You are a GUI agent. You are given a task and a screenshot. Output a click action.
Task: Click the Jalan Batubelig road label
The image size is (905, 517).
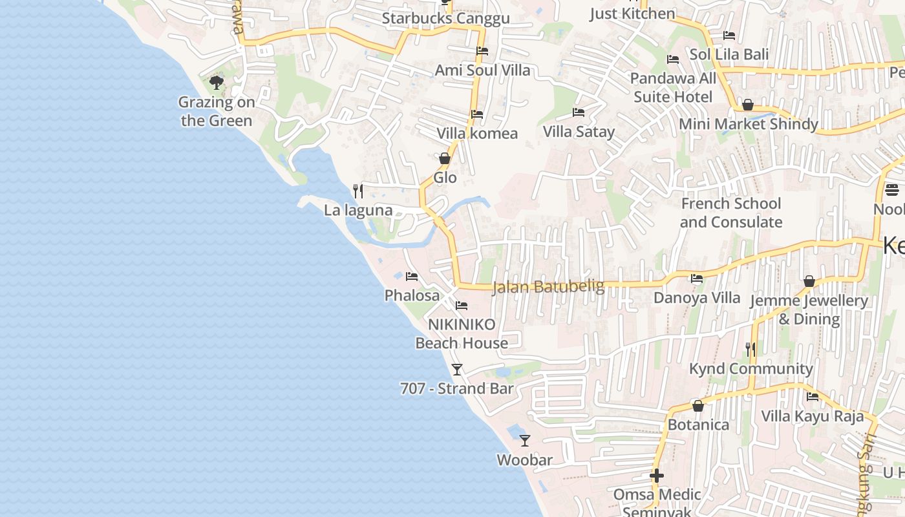coord(548,286)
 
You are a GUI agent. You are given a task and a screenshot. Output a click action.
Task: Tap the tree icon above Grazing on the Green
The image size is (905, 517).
coord(217,83)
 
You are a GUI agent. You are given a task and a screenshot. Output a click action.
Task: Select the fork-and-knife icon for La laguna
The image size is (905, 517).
coord(358,191)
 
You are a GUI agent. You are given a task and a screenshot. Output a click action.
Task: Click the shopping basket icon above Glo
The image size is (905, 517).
coord(445,158)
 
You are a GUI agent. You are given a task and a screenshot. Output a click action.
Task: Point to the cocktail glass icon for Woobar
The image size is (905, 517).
coord(525,441)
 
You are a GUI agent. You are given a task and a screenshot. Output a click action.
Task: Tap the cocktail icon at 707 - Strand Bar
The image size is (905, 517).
coord(457,370)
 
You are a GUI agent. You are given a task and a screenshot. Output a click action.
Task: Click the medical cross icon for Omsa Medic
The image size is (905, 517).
coord(657,476)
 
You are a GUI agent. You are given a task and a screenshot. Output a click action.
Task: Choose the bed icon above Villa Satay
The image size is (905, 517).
coord(579,112)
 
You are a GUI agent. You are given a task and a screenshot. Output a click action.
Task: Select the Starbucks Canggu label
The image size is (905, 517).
coord(445,18)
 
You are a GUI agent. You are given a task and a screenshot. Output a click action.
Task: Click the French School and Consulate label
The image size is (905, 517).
coord(730,213)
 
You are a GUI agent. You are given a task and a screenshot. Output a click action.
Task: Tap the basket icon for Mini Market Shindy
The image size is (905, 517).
coord(748,105)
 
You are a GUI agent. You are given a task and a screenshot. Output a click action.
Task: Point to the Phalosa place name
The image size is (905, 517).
coord(412,296)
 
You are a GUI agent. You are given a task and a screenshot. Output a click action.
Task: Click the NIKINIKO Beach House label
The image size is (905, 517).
coord(462,333)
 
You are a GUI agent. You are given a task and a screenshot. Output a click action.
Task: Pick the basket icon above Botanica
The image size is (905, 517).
coord(698,406)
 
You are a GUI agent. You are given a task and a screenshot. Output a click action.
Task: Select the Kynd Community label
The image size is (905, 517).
coord(751,369)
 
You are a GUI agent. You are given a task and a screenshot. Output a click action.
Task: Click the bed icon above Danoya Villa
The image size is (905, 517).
coord(697,279)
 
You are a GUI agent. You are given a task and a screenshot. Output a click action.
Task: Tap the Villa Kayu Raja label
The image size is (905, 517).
coord(813,416)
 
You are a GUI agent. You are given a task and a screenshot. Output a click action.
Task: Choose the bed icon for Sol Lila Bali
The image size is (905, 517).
coord(729,36)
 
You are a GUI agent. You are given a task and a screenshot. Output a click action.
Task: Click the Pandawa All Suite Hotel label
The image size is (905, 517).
coord(673,88)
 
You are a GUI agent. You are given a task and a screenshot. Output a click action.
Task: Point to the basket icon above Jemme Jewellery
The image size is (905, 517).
coord(809,281)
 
